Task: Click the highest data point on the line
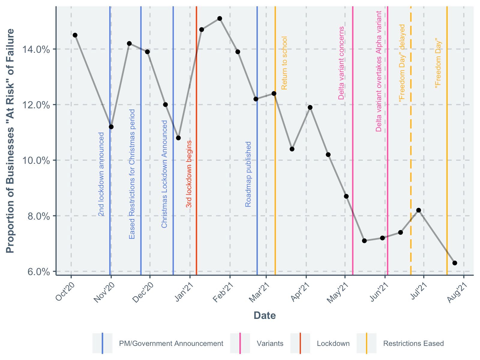(x=220, y=19)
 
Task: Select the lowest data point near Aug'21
(x=454, y=263)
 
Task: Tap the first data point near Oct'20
(x=75, y=35)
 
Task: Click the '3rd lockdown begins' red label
(x=189, y=174)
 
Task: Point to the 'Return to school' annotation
(x=284, y=63)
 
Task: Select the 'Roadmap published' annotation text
(x=248, y=174)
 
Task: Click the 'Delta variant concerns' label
(x=341, y=63)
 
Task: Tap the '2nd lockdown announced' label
(x=101, y=174)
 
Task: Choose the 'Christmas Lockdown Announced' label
(x=164, y=174)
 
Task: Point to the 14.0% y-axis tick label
(x=36, y=49)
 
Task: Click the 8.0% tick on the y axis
(x=39, y=216)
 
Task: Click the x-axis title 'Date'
(x=265, y=315)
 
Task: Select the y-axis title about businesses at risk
(x=10, y=141)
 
